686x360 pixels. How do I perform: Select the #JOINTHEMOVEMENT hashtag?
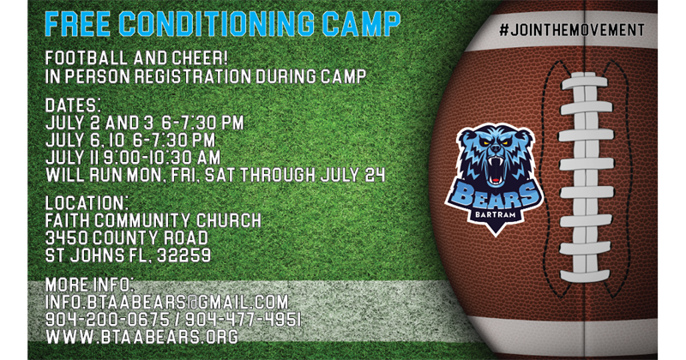point(572,30)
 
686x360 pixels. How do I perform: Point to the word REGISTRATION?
point(193,76)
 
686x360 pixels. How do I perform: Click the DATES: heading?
point(74,105)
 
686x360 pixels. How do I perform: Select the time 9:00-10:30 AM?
point(162,158)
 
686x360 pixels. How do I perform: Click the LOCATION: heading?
point(87,203)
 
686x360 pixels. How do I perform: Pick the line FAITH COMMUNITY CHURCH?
point(153,220)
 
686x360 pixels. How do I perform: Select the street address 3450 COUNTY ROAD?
point(127,238)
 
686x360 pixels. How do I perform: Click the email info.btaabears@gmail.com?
point(167,303)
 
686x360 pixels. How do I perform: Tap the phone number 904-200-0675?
point(108,320)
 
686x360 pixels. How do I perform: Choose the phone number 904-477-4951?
point(244,320)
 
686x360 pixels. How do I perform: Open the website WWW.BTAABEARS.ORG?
point(142,337)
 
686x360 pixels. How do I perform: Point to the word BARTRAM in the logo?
point(496,215)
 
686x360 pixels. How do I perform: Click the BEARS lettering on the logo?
point(495,195)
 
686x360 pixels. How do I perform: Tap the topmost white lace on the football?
point(585,81)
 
